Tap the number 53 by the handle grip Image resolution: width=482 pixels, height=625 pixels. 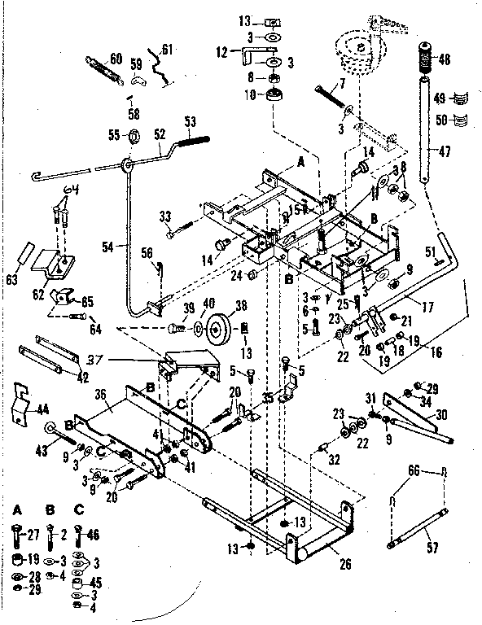[191, 121]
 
